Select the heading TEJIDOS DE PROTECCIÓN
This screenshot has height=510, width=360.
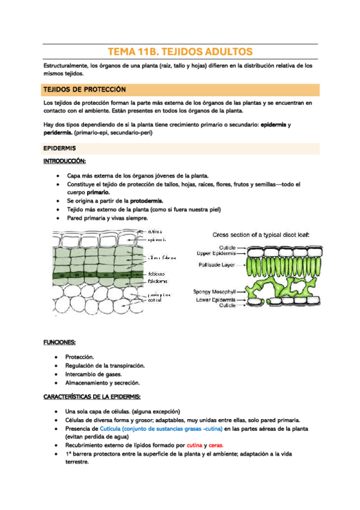tap(85, 90)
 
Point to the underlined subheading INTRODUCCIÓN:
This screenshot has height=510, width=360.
tap(65, 161)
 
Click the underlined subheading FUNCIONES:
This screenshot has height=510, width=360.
tap(59, 342)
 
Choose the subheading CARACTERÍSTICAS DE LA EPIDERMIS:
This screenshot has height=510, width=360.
tap(93, 397)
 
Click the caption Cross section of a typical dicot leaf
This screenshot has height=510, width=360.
tap(261, 234)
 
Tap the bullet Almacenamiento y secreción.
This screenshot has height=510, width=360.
tap(103, 382)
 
